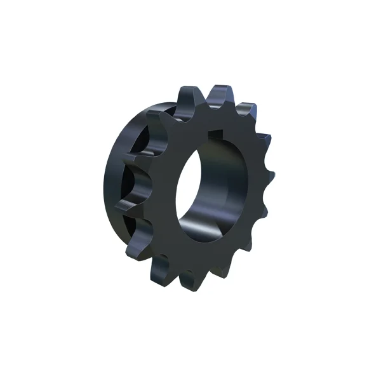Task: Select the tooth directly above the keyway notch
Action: [x=220, y=95]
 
